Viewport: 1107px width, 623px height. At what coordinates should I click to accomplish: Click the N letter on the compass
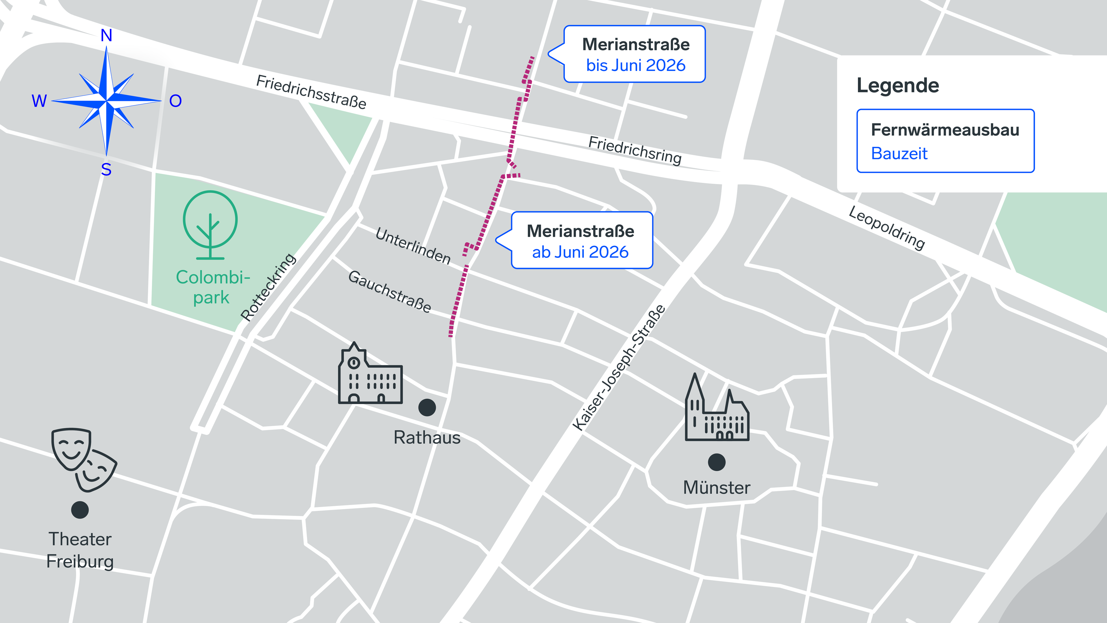pos(106,35)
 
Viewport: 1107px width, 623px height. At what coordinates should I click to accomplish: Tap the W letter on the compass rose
pos(39,101)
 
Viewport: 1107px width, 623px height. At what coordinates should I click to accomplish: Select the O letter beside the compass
pos(175,101)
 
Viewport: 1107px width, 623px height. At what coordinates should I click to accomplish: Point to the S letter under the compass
pos(106,170)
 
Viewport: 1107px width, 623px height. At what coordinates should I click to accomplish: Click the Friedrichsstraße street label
pos(311,92)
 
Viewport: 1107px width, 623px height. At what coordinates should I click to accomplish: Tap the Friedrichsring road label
pos(635,150)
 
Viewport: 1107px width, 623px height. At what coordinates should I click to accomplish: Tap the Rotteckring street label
pos(268,287)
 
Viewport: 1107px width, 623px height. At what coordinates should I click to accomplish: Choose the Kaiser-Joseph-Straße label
pos(619,368)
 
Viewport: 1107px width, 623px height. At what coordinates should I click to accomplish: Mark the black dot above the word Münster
pos(716,462)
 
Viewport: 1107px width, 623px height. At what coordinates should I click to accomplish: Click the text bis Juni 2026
pos(636,65)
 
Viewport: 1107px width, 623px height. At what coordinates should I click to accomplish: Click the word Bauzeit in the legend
pos(899,153)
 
